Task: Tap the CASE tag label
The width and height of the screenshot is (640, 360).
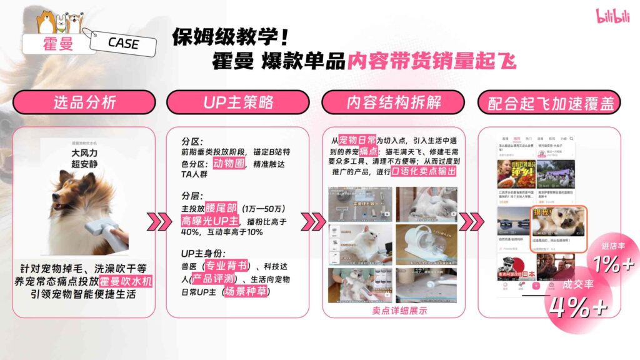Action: [x=123, y=44]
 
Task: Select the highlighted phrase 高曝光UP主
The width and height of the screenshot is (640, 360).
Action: [x=209, y=220]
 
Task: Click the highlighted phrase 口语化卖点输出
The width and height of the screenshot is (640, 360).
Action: [x=423, y=171]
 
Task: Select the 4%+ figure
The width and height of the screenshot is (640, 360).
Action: [x=578, y=306]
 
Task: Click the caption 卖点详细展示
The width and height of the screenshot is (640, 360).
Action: [x=393, y=310]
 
